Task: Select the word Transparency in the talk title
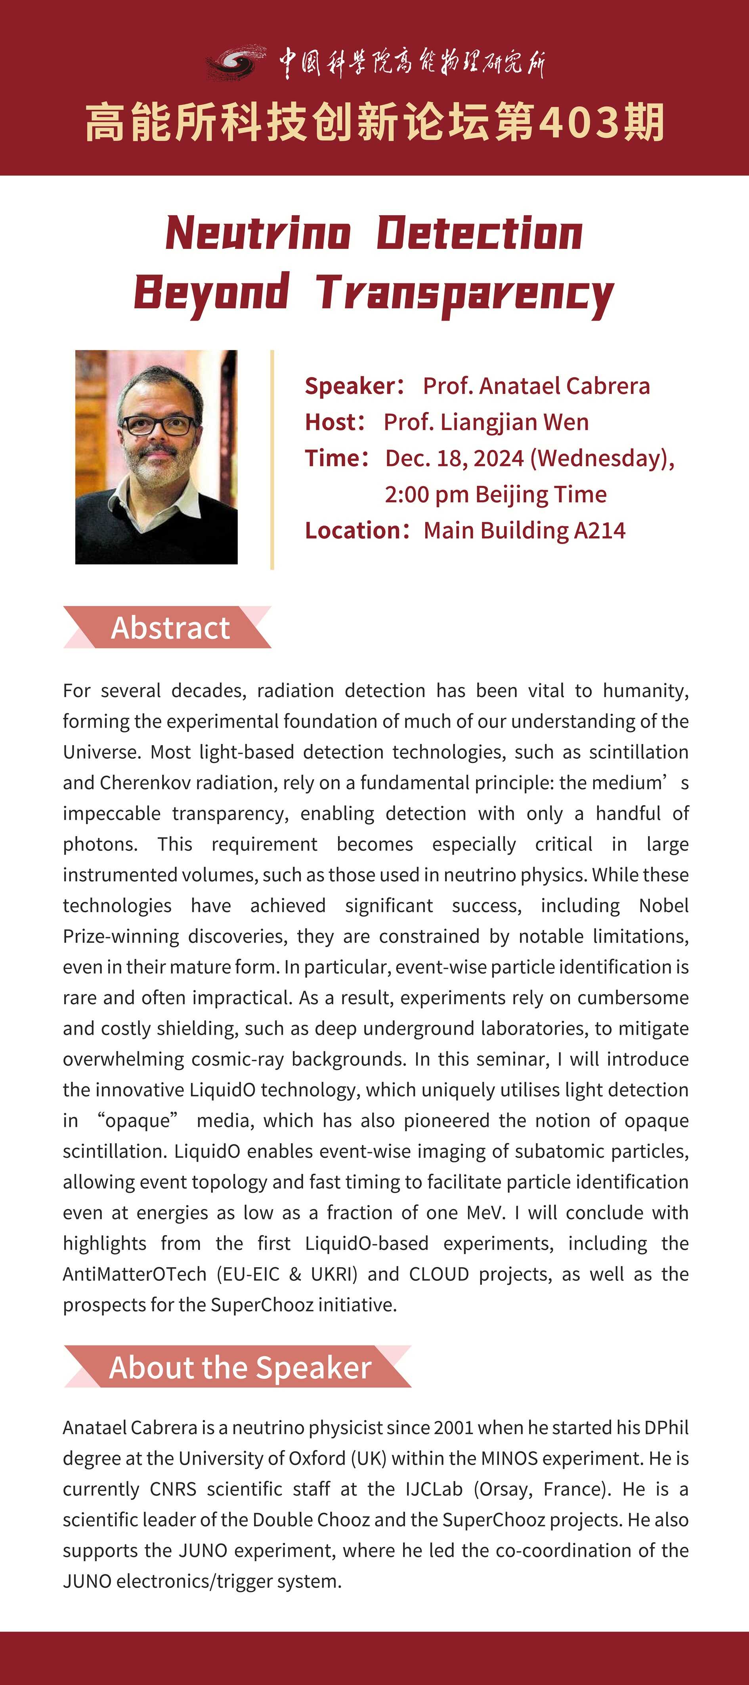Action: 464,292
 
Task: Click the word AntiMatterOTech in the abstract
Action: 134,1274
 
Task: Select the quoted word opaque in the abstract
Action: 138,1121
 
